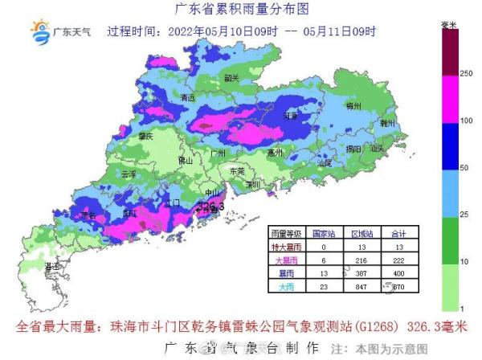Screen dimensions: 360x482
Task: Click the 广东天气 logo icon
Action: click(39, 32)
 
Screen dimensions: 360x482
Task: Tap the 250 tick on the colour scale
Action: click(465, 74)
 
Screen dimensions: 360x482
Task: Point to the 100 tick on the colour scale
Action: click(465, 120)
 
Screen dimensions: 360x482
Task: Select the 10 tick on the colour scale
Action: click(465, 262)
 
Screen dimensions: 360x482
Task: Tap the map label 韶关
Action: click(232, 78)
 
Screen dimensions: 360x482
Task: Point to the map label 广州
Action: click(214, 151)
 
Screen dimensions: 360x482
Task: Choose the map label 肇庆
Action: click(145, 137)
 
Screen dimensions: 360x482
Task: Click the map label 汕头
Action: click(377, 148)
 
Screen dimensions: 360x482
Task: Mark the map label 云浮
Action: click(129, 174)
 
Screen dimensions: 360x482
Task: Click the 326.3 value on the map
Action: click(210, 207)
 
